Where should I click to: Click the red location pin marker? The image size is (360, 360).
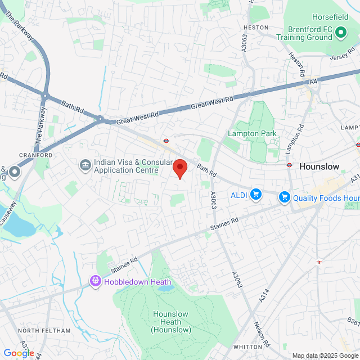coord(179,168)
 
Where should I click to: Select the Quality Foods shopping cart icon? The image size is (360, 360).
coord(285,197)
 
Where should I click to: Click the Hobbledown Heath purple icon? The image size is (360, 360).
coord(96,280)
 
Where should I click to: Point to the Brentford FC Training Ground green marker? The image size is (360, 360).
coord(340,33)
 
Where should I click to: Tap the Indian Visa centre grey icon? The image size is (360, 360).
coord(85,164)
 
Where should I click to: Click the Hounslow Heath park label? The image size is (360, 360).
coord(171,322)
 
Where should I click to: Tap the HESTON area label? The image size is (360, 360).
coord(256,27)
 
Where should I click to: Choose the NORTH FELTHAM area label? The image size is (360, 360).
coord(44,330)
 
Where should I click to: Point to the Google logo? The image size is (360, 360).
coord(19,353)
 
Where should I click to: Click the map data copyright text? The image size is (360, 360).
coord(325,355)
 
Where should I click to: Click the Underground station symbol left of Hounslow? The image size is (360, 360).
coord(289,165)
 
